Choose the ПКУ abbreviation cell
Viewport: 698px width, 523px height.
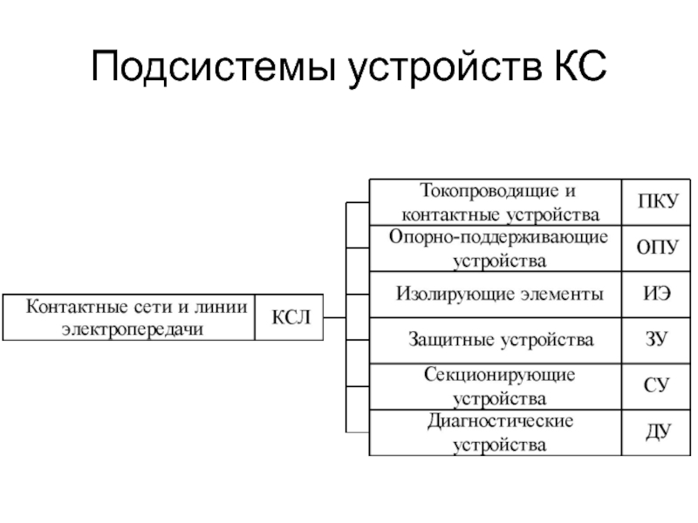click(x=657, y=202)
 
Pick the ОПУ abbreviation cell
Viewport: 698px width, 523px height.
click(x=657, y=248)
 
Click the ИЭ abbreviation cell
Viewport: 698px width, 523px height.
click(x=657, y=295)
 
